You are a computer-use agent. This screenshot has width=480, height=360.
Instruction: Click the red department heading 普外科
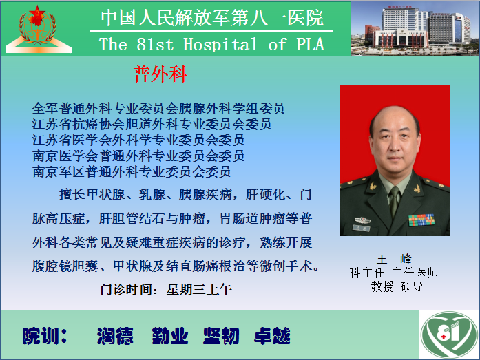tap(160, 74)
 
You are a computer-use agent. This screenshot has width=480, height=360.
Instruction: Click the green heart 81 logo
tap(449, 335)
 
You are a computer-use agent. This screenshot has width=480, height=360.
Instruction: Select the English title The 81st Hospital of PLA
tap(211, 44)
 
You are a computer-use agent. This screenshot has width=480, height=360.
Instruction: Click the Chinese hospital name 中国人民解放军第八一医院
tap(212, 18)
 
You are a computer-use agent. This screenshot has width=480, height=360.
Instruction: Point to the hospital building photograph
tap(415, 29)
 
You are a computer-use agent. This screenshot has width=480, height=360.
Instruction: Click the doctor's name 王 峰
tap(394, 259)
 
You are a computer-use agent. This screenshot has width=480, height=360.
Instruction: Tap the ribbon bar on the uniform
tap(421, 220)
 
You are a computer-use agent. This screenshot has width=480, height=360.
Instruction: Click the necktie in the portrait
tap(394, 202)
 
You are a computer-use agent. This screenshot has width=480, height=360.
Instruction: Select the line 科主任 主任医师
tap(394, 273)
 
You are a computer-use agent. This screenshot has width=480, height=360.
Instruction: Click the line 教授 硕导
tap(397, 286)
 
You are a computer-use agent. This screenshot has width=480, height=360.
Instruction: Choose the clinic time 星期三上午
tap(199, 289)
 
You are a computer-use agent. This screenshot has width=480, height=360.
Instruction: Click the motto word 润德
tap(115, 336)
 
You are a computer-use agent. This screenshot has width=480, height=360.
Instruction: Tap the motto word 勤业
tap(170, 336)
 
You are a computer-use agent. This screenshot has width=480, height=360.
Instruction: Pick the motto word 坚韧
tap(221, 336)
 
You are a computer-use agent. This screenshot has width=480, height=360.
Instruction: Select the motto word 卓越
tap(272, 336)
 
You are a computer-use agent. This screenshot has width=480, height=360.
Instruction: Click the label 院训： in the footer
tap(45, 336)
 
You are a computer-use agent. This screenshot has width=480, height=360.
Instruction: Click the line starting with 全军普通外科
tap(158, 108)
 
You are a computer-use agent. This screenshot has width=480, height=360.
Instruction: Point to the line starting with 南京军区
tap(132, 171)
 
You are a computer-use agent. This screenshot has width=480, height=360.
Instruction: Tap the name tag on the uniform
tap(362, 228)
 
